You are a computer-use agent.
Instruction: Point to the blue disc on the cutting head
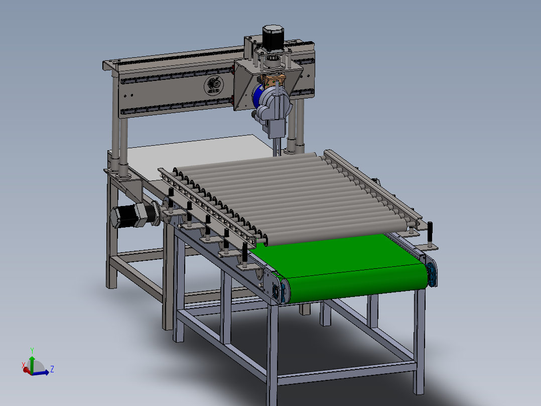(259, 95)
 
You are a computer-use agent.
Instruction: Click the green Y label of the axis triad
(32, 350)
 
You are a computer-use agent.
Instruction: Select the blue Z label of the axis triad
(52, 369)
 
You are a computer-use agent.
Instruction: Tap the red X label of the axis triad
(23, 365)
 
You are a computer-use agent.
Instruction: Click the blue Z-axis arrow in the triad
(42, 372)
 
